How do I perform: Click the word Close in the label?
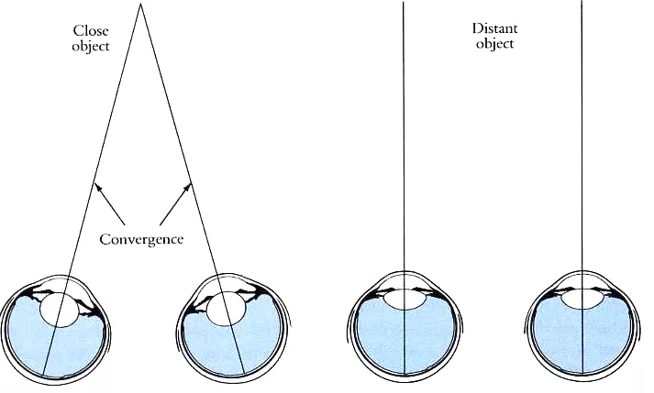(91, 31)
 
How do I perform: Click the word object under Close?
(91, 46)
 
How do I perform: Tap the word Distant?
(494, 28)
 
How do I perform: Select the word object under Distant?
(494, 44)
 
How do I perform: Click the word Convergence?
(141, 239)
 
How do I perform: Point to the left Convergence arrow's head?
(97, 187)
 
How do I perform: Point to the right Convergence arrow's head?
(188, 187)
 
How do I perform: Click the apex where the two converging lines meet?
(140, 4)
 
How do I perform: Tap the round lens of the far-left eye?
(60, 310)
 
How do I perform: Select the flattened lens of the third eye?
(405, 300)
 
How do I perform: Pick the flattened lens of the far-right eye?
(582, 300)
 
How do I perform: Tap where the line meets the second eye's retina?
(245, 371)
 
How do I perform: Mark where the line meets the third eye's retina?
(405, 373)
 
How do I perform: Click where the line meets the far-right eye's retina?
(582, 373)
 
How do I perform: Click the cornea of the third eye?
(405, 272)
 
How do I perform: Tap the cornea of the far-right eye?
(582, 272)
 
